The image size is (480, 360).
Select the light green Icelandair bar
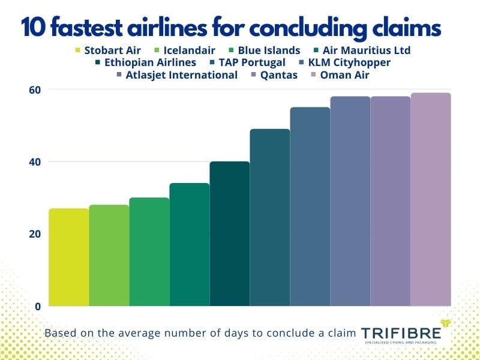coord(109,255)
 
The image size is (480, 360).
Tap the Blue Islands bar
coord(149,251)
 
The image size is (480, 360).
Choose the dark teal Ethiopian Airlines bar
coord(229,233)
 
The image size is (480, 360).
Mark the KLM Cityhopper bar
coord(310,206)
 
